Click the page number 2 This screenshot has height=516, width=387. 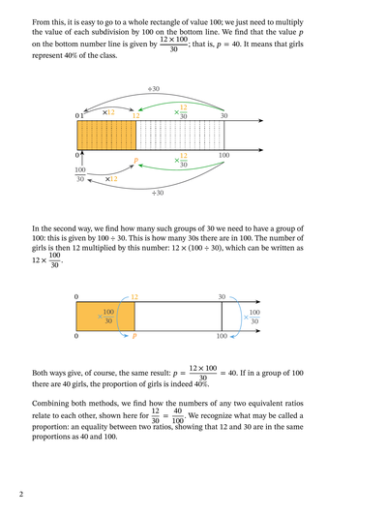tap(21, 494)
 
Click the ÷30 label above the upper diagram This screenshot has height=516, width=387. tap(154, 89)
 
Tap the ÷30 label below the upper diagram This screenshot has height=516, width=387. tap(158, 193)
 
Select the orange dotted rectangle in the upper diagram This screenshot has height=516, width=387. tap(106, 136)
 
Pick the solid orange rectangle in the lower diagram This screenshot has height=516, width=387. tap(105, 317)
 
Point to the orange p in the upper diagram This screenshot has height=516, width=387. tap(135, 161)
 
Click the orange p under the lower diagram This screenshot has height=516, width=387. tap(134, 336)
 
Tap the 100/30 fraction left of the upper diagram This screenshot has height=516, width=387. tap(80, 174)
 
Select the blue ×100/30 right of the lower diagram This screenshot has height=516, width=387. tap(252, 317)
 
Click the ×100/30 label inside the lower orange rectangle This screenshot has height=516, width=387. tap(105, 316)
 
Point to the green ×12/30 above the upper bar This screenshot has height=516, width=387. tap(181, 112)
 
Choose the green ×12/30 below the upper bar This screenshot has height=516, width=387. tap(181, 160)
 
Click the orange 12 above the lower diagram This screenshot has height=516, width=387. tap(134, 297)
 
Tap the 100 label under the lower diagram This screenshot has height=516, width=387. tap(222, 336)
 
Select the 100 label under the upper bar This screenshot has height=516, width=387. tap(224, 155)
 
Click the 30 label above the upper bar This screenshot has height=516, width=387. tap(223, 115)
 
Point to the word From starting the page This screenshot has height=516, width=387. tap(40, 22)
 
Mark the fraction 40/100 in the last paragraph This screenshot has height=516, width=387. tap(178, 415)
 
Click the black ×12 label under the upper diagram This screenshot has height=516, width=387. tap(111, 179)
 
